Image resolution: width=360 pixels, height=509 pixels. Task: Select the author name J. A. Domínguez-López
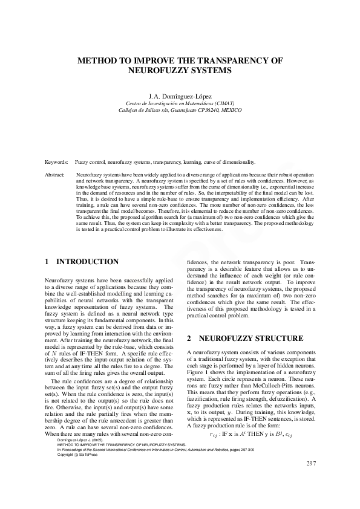coord(180,96)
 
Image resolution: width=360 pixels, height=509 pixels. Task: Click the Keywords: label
coord(56,163)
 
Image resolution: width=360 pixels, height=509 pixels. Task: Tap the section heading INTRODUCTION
coord(87,262)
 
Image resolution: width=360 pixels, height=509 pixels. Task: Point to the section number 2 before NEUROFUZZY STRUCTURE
coord(189,338)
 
